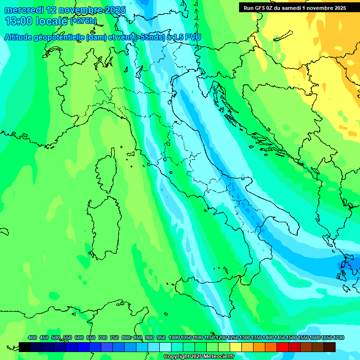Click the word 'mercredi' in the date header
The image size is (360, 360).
pos(23,10)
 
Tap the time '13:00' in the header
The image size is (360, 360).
pos(19,21)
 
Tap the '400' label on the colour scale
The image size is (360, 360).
pos(32,337)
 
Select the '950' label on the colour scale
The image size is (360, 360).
pos(161,337)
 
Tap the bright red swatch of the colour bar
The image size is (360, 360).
pos(283,347)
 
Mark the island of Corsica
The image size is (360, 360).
pos(105,169)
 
